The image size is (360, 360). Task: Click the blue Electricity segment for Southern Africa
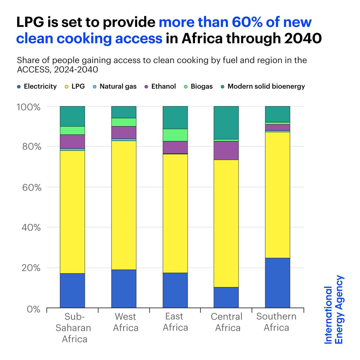[x=277, y=283]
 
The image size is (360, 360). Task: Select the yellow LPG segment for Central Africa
[x=226, y=223]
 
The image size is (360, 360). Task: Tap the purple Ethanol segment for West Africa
[x=124, y=132]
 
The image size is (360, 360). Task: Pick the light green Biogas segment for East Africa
[x=175, y=135]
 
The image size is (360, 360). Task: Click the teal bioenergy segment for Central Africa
[x=226, y=123]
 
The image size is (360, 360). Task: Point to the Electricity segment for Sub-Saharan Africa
[x=72, y=290]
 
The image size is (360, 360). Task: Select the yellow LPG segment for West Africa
[x=124, y=205]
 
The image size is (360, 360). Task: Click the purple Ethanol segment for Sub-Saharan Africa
[x=72, y=141]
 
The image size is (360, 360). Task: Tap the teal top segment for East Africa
[x=175, y=118]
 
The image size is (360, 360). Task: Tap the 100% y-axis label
[x=28, y=107]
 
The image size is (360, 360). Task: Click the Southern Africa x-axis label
[x=276, y=322]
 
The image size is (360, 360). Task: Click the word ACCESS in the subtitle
[x=33, y=70]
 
